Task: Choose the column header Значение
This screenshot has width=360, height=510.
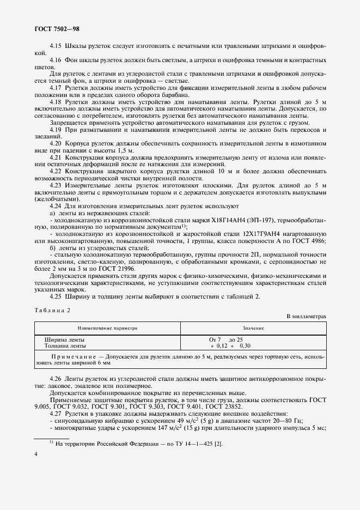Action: click(x=253, y=329)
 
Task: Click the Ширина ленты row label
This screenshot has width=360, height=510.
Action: click(x=64, y=339)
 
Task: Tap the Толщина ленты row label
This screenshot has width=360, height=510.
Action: click(x=65, y=345)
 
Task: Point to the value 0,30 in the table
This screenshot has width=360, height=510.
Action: click(x=245, y=345)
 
